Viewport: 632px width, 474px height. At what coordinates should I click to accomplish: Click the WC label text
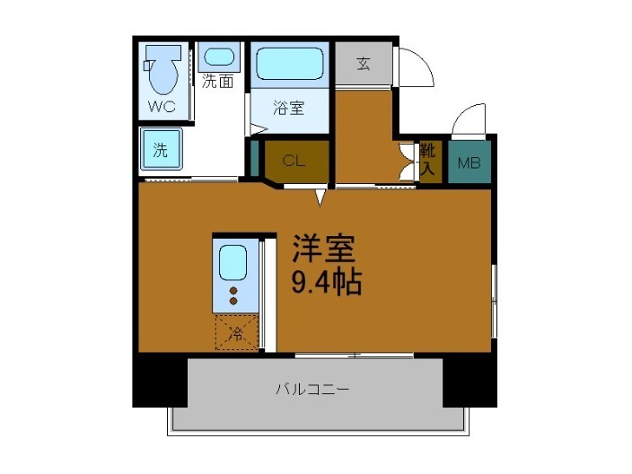pyautogui.click(x=162, y=107)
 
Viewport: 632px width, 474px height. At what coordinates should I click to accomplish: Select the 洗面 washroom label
pyautogui.click(x=217, y=82)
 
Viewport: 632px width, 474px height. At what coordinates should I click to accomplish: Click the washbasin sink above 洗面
pyautogui.click(x=217, y=56)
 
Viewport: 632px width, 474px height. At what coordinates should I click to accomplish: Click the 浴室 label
pyautogui.click(x=288, y=110)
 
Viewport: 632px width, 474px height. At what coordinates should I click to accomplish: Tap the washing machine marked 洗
pyautogui.click(x=161, y=149)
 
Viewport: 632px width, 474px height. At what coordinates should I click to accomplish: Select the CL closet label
pyautogui.click(x=292, y=162)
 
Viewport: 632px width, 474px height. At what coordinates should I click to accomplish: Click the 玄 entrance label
pyautogui.click(x=364, y=64)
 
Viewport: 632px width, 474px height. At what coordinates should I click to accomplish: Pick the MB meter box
pyautogui.click(x=469, y=163)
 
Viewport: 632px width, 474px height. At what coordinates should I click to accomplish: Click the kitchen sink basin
pyautogui.click(x=233, y=263)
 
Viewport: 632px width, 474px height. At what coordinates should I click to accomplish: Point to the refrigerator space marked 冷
pyautogui.click(x=236, y=334)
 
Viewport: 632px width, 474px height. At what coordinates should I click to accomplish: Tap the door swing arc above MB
pyautogui.click(x=469, y=121)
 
